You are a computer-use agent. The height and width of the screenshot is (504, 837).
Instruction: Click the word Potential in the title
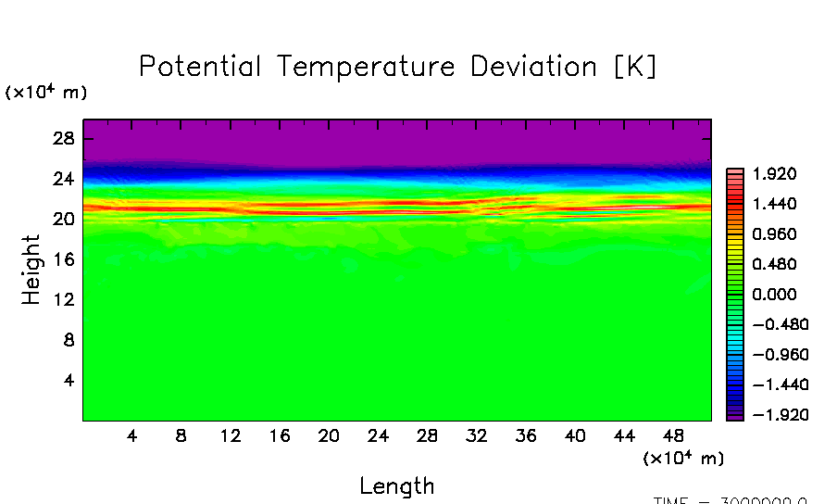click(x=199, y=67)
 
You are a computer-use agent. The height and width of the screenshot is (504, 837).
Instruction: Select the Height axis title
click(x=32, y=270)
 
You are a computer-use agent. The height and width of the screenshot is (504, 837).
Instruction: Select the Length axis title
click(x=396, y=485)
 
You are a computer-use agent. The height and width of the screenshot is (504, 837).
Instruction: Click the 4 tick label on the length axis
click(x=132, y=435)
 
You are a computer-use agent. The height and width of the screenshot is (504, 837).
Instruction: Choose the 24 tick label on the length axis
click(x=378, y=435)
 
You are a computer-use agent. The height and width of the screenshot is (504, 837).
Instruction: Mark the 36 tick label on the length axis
click(x=525, y=435)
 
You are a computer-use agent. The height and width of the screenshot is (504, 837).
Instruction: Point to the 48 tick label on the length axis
click(x=672, y=435)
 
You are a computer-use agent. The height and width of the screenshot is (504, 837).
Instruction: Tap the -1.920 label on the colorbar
click(x=770, y=414)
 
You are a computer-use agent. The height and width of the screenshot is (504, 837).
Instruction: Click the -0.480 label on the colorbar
click(x=770, y=324)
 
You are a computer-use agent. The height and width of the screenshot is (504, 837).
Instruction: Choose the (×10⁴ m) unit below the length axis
click(x=683, y=458)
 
